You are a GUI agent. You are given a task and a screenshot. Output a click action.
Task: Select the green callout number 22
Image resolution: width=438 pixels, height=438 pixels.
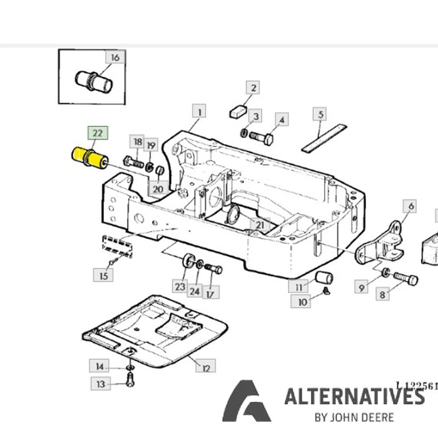[98, 133]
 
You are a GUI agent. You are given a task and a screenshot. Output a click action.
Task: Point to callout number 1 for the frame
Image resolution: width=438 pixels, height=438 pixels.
[200, 113]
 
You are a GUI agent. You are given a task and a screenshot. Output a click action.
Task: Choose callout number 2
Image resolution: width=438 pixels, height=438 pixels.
[253, 88]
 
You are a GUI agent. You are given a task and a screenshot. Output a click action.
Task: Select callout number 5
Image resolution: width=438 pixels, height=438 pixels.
[320, 115]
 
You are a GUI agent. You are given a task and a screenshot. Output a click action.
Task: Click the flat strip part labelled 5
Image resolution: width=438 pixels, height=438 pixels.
[325, 137]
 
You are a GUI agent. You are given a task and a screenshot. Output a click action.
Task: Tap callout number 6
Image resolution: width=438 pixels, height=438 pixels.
[410, 206]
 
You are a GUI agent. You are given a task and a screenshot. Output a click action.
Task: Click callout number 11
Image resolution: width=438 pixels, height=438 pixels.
[299, 287]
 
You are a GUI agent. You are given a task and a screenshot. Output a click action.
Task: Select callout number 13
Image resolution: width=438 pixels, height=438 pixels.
[101, 383]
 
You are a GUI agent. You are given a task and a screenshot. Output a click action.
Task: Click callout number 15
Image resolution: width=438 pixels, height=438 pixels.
[103, 274]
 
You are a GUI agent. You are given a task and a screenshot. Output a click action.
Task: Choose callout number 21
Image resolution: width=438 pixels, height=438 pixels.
[258, 225]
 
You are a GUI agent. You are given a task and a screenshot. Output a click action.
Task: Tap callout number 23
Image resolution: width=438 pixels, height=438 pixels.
[180, 287]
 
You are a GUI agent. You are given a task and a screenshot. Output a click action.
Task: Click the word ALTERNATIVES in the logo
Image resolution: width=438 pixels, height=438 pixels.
[354, 397]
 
